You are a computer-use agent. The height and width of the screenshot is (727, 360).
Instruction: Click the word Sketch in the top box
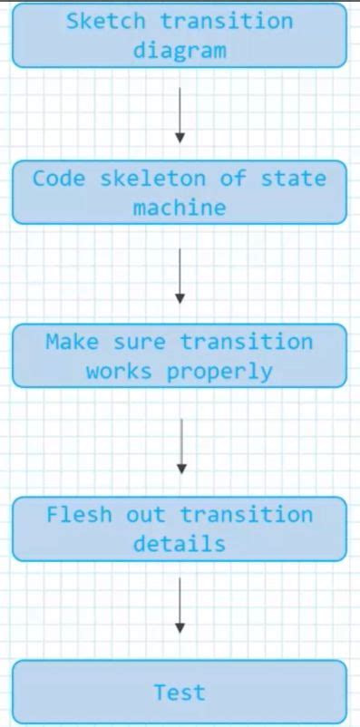(99, 21)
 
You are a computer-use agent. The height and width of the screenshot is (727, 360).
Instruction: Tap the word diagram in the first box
(180, 50)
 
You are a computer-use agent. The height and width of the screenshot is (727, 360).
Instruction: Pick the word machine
(180, 208)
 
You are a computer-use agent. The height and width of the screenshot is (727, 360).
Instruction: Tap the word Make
(72, 342)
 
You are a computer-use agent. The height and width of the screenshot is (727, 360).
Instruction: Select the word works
(118, 371)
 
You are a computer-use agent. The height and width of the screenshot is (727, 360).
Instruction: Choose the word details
(180, 544)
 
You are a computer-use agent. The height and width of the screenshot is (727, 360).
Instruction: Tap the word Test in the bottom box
(180, 693)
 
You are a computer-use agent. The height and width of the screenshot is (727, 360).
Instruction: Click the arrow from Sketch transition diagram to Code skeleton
(180, 114)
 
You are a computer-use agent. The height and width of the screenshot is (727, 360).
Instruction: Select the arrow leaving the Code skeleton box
(180, 276)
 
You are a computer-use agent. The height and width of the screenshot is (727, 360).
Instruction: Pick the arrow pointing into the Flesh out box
(180, 445)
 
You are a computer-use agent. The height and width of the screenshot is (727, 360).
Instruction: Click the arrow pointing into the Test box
(180, 605)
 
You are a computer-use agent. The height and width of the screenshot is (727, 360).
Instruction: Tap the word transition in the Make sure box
(246, 342)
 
